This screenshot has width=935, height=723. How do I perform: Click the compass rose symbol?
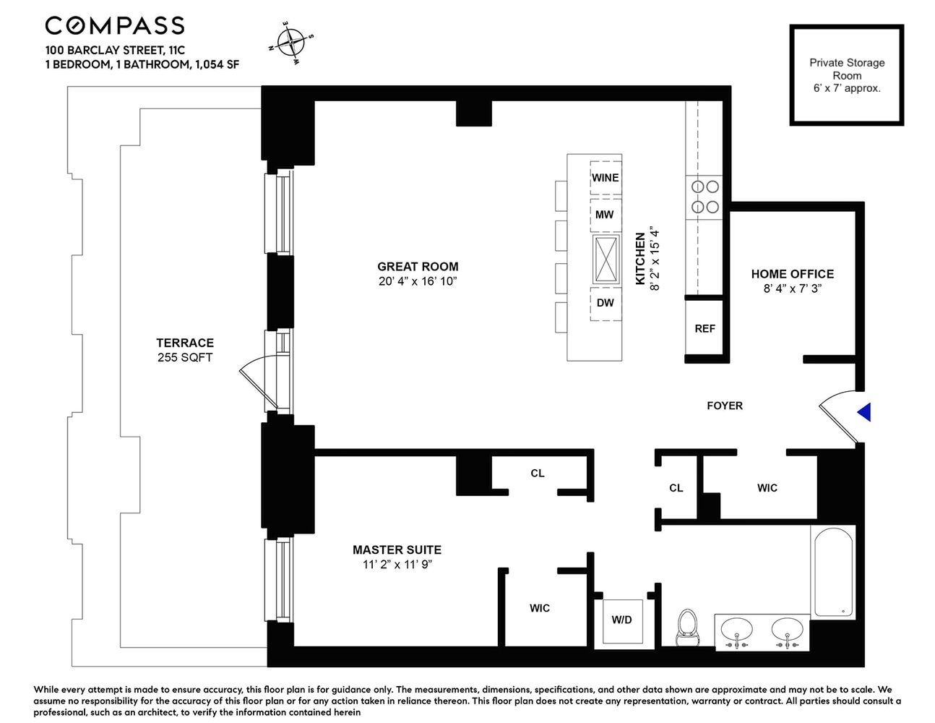coord(291,43)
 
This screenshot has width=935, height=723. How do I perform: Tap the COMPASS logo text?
coord(115,26)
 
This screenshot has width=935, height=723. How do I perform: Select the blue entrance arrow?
coord(864,412)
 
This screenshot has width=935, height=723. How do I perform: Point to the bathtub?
coord(834,571)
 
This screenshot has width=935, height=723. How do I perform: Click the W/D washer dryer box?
coord(621,620)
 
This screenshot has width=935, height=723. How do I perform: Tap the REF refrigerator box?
coord(705,329)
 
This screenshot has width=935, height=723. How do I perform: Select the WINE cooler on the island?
coord(606,178)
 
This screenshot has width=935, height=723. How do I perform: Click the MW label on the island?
coord(605,215)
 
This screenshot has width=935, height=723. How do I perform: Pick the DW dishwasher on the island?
coord(606,303)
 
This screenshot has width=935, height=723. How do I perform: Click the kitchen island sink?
coord(606,259)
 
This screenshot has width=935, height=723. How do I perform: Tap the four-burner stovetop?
coord(705,197)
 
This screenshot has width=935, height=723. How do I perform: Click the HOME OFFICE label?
coord(792,274)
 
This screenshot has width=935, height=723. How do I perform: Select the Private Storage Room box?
coord(846,75)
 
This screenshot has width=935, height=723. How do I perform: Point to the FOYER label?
coord(725,406)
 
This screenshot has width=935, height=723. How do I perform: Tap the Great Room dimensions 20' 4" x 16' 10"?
coord(418,281)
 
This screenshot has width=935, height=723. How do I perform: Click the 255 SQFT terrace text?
coord(185,357)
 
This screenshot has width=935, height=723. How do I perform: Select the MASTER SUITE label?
coord(397,550)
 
